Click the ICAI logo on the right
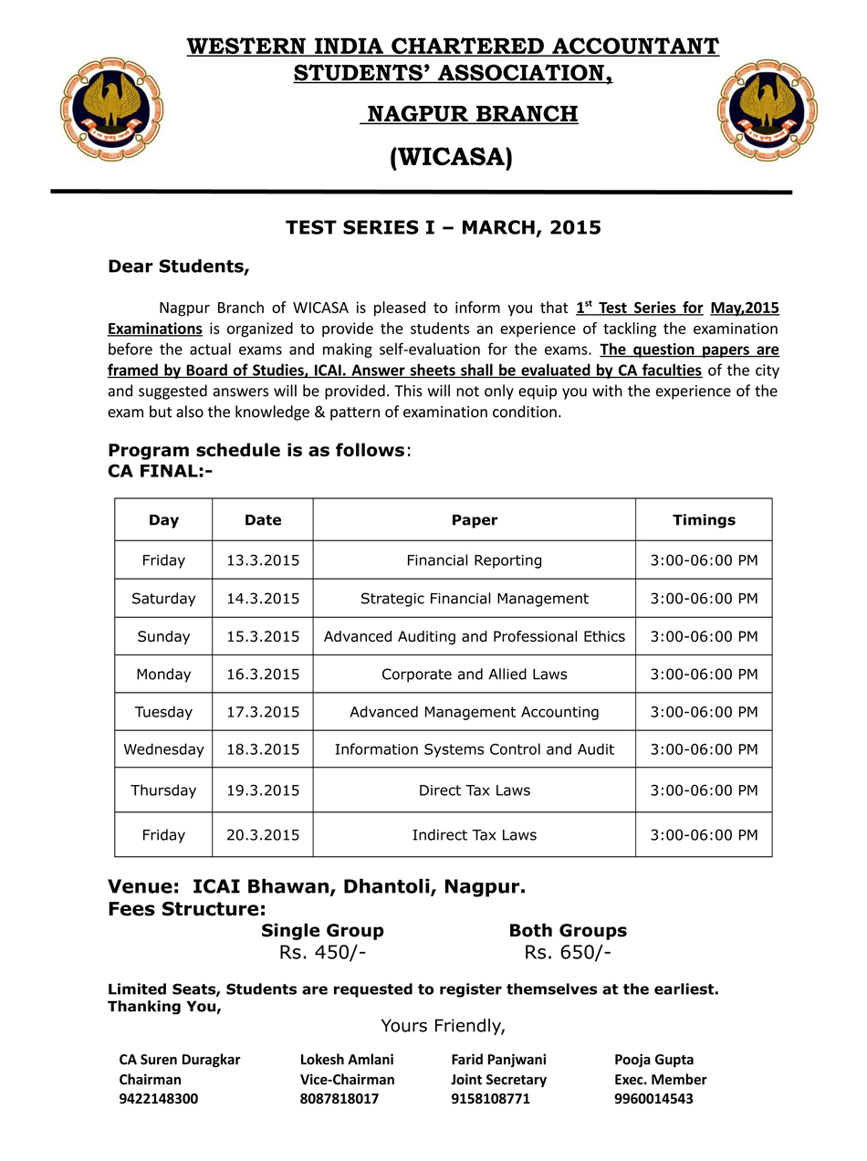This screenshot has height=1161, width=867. pos(767,110)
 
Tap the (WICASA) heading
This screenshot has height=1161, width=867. pos(451,158)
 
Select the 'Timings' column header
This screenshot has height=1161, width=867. pos(704,520)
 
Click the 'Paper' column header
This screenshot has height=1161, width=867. pos(475,520)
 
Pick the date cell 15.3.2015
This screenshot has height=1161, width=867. pos(263,636)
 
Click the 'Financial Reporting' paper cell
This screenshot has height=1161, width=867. pos(475,560)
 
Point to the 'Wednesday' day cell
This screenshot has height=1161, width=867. pos(164,749)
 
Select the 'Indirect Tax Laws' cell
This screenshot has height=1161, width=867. pos(475,835)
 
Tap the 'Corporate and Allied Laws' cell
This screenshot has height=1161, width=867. pos(475,675)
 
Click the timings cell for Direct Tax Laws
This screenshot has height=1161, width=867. pos(704,790)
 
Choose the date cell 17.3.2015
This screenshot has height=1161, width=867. pos(263,712)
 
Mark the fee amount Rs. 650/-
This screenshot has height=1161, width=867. pos(568,954)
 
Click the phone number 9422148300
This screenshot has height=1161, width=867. pos(158,1099)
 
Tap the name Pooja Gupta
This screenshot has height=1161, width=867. pos(653,1060)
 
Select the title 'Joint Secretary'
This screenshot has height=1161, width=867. pos(498,1080)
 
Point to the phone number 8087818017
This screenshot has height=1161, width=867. pos(339,1099)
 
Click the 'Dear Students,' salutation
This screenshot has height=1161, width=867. pos(179,267)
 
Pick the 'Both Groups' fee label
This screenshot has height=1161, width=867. pos(568,931)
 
